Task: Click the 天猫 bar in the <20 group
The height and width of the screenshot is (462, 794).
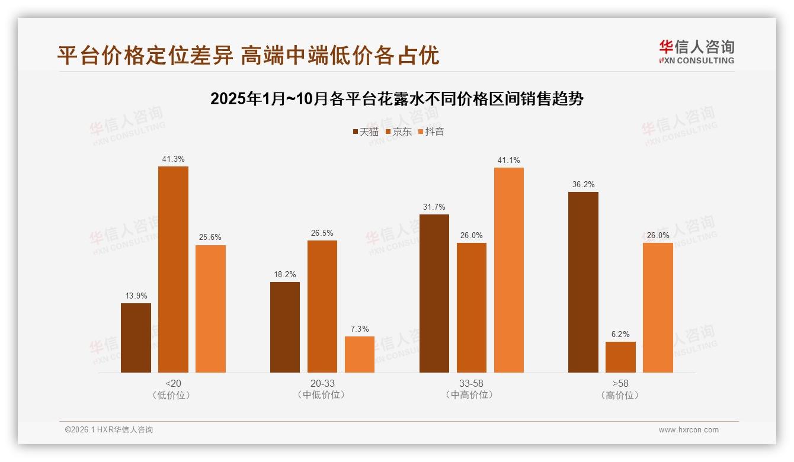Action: (x=136, y=338)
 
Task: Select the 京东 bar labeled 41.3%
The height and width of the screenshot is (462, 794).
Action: (x=173, y=269)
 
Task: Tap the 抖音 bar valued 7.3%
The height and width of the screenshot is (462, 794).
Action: (x=360, y=354)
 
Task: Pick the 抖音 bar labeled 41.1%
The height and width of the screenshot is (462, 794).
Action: (x=509, y=270)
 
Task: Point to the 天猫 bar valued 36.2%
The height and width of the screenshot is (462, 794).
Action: (x=583, y=282)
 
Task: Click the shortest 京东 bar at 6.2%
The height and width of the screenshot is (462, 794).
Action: (x=620, y=357)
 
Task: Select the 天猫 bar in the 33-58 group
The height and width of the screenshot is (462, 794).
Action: (x=434, y=293)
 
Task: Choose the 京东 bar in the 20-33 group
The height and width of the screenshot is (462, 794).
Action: (x=322, y=306)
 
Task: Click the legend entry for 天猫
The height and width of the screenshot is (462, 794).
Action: (x=366, y=131)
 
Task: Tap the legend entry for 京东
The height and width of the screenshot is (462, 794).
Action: (x=398, y=131)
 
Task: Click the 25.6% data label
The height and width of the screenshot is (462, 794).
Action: (x=210, y=238)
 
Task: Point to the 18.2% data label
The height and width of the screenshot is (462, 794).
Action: (x=285, y=274)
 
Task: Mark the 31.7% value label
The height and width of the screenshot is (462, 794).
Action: (x=434, y=207)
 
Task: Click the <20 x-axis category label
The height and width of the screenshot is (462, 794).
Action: (x=173, y=383)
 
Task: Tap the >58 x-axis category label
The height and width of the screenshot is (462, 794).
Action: (x=620, y=383)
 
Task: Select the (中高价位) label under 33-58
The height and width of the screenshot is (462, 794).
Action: (x=471, y=395)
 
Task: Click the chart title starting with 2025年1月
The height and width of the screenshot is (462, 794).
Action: (x=397, y=99)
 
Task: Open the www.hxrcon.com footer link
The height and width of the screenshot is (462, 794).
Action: (x=689, y=430)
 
